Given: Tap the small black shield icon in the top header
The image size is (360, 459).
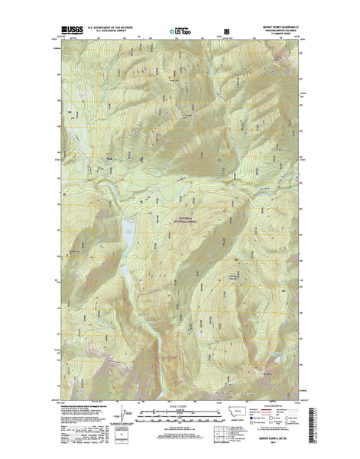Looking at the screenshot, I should pos(226,31).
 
